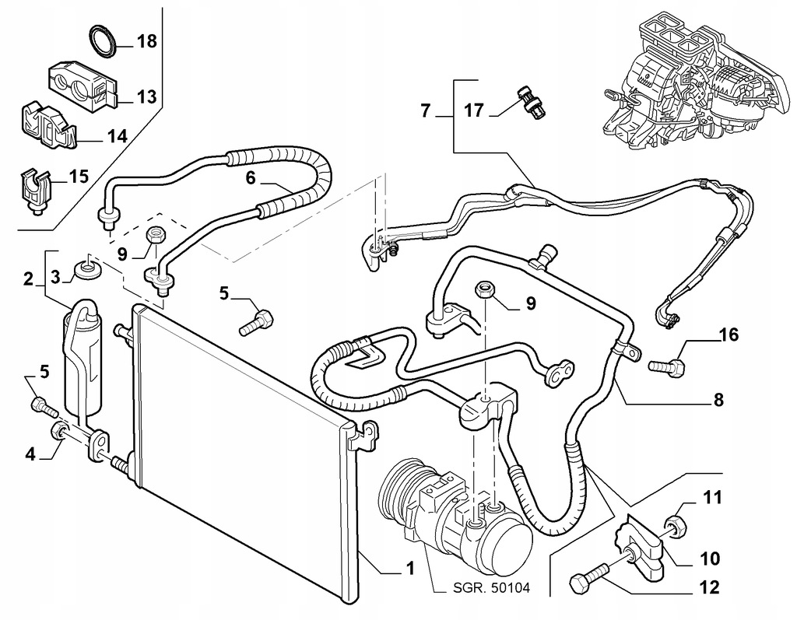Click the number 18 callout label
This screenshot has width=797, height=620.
pyautogui.click(x=147, y=42)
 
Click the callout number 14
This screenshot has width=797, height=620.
pyautogui.click(x=116, y=137)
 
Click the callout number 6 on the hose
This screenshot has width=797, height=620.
pyautogui.click(x=251, y=178)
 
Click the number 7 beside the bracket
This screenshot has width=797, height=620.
pyautogui.click(x=426, y=110)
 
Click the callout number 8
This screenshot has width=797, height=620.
pyautogui.click(x=718, y=400)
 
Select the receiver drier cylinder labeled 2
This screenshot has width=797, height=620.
pyautogui.click(x=80, y=358)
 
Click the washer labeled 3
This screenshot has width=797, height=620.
pyautogui.click(x=86, y=271)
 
